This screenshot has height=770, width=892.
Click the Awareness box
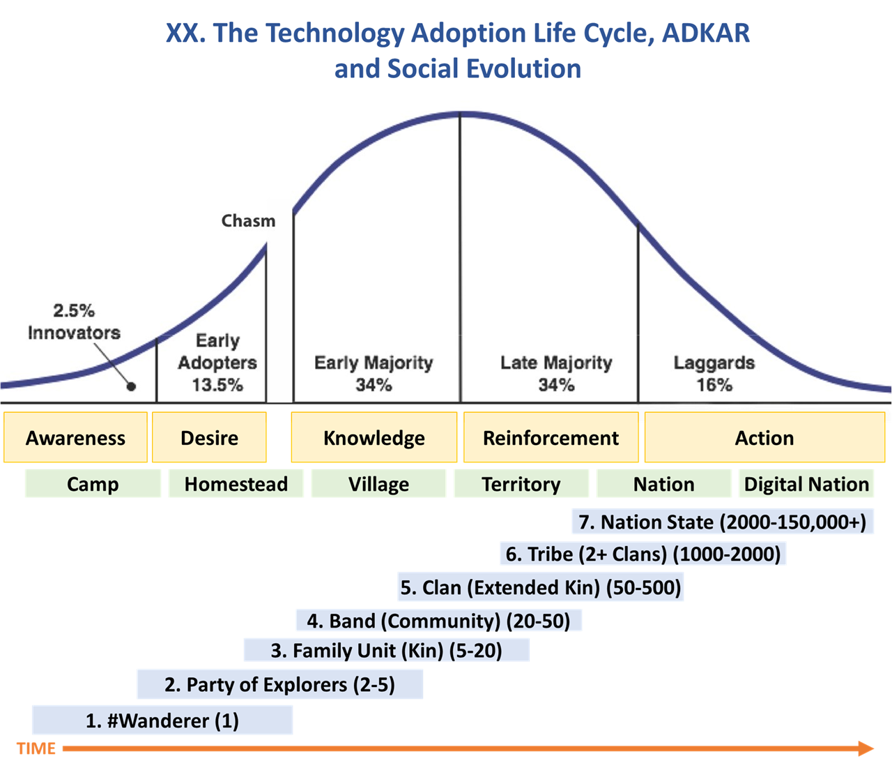tap(75, 437)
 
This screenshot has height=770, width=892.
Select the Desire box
tap(209, 437)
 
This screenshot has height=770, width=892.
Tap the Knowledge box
tap(374, 437)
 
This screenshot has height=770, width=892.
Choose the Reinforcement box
tap(551, 437)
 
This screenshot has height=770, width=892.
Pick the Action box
tap(764, 437)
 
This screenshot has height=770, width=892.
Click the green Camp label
tap(93, 483)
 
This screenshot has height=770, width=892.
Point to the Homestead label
tap(236, 483)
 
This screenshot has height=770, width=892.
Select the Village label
tap(378, 483)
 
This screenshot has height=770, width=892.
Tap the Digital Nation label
tap(806, 483)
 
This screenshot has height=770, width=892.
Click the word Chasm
tap(248, 220)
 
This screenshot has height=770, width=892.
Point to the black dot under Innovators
tap(131, 386)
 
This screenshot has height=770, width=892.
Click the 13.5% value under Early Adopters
tap(217, 385)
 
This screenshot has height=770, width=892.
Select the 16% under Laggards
tap(714, 385)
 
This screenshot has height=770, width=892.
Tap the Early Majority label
tap(374, 363)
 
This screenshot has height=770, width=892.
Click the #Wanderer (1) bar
tap(162, 720)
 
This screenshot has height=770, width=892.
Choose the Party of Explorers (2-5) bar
tap(280, 684)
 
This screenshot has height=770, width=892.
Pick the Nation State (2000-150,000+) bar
tap(723, 522)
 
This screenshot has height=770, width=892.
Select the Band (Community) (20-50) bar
tap(439, 621)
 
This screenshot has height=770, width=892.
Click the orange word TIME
tap(36, 748)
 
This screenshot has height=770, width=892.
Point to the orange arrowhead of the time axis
tap(866, 748)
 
